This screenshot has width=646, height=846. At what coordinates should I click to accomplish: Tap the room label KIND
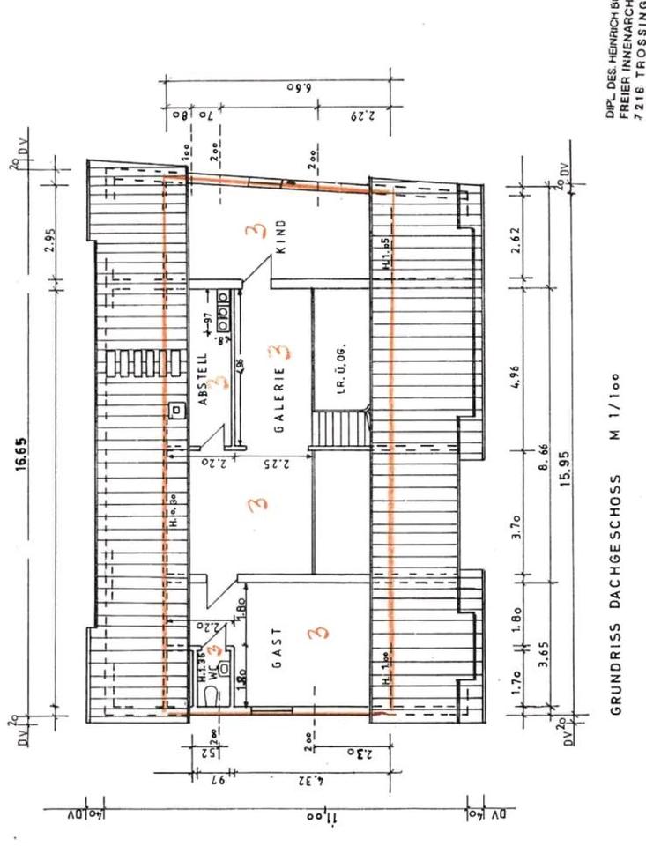coord(281,237)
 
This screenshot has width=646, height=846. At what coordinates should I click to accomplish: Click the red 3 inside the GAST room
coord(318,633)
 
